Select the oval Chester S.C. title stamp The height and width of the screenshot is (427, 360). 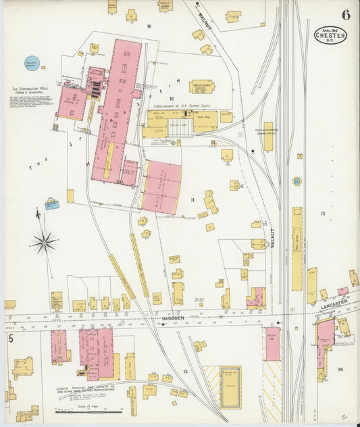coord(330,34)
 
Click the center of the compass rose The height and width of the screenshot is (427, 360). coord(44,242)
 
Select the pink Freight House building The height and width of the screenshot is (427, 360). coord(272,343)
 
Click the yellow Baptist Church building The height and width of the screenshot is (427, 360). coord(201,86)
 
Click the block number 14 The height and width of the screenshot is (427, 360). coord(340,370)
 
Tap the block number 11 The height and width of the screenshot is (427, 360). coord(192,199)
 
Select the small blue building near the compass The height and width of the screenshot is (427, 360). coord(51,205)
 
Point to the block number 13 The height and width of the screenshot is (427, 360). coord(323,214)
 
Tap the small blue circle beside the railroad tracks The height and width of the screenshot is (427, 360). coord(297,181)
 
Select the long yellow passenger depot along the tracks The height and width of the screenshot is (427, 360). coord(297,248)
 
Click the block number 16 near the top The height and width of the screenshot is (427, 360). coord(148,26)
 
